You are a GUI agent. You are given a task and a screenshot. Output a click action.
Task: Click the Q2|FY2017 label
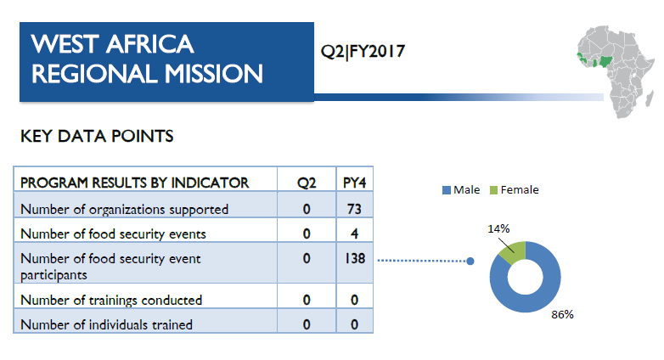click(x=363, y=52)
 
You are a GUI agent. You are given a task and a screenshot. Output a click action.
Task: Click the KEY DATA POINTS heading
click(x=97, y=137)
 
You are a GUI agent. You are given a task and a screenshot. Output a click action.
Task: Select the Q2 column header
click(x=307, y=183)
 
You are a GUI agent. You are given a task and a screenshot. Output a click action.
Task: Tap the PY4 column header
click(x=354, y=183)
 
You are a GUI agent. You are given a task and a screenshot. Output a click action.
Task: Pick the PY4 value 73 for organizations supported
click(x=354, y=209)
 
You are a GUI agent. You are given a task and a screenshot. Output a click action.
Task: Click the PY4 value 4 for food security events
click(x=354, y=233)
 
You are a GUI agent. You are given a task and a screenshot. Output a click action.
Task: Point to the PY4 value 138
click(x=355, y=258)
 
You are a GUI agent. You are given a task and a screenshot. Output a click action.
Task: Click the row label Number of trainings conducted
click(x=111, y=301)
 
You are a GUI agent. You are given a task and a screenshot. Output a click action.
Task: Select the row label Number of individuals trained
click(x=107, y=325)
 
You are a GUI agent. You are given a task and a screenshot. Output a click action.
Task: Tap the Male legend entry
click(x=461, y=189)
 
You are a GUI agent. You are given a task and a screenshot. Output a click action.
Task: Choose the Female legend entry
click(x=514, y=189)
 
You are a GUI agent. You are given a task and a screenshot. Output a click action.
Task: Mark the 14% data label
click(x=498, y=229)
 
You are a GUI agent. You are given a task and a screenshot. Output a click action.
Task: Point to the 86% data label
click(x=562, y=315)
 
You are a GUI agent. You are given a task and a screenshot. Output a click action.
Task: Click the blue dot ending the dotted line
click(x=470, y=262)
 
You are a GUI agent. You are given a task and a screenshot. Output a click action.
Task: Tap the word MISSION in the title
click(x=213, y=74)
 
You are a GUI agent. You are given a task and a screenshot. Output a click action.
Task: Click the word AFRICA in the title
click(x=150, y=44)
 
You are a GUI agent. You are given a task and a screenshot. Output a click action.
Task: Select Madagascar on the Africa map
click(x=649, y=98)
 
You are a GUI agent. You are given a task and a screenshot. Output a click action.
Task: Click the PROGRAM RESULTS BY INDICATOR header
click(x=135, y=183)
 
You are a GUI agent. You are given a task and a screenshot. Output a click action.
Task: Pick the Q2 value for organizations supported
click(x=307, y=209)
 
